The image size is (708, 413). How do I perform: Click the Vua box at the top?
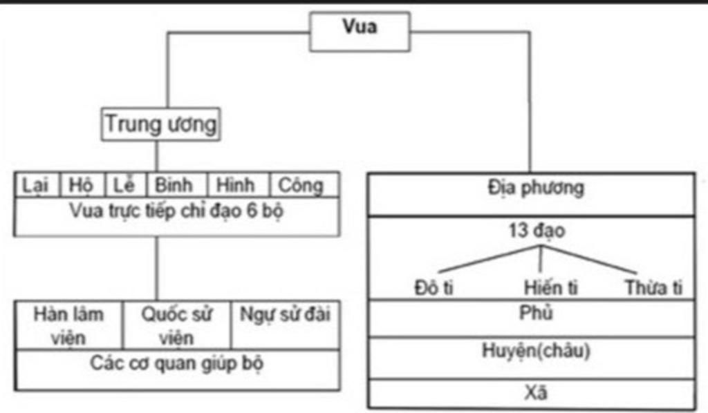[x=360, y=32]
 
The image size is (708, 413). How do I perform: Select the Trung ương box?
[x=160, y=124]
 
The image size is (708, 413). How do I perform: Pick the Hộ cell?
[x=82, y=185]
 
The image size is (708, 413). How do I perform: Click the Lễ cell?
[x=126, y=185]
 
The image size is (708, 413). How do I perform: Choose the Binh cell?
[x=176, y=185]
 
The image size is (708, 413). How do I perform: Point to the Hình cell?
[x=238, y=185]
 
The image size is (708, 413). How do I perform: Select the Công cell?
[x=304, y=185]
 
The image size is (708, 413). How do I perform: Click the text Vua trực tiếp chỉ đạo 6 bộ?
[x=176, y=211]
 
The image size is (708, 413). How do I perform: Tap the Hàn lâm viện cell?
[x=68, y=325]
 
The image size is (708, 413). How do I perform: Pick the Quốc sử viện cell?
[x=176, y=325]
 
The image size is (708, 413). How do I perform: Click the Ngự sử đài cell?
[x=286, y=325]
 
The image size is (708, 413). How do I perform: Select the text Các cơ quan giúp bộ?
[x=176, y=363]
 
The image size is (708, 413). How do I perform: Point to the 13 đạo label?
[x=537, y=231]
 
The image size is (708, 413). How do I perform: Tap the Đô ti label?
[x=434, y=288]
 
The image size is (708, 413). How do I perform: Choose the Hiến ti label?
[x=551, y=288]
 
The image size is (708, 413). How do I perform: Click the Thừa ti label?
[x=653, y=288]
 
